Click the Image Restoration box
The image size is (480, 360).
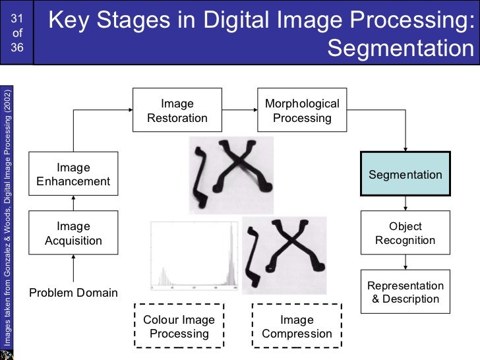click(x=177, y=111)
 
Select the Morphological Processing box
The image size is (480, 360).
click(x=301, y=111)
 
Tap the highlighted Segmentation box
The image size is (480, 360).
click(x=405, y=174)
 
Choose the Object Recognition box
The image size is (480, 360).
click(x=405, y=233)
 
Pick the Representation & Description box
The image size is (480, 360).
click(x=405, y=292)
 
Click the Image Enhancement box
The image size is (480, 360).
click(x=73, y=174)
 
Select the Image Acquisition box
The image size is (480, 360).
click(x=73, y=233)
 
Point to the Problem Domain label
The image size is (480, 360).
click(x=73, y=292)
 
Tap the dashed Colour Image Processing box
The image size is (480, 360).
click(x=179, y=326)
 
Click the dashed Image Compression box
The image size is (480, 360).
click(x=297, y=326)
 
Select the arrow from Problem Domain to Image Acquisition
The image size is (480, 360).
click(x=73, y=268)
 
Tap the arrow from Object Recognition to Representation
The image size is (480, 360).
click(x=405, y=262)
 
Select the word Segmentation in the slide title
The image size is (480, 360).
click(x=400, y=49)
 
